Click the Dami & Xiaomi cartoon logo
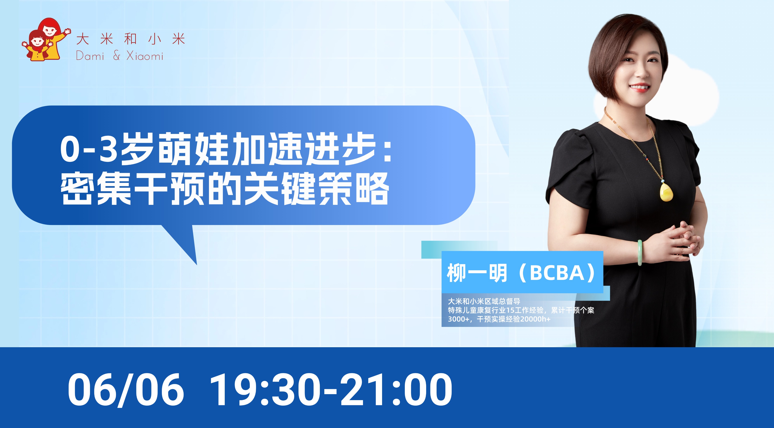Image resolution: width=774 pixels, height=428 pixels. (47, 40)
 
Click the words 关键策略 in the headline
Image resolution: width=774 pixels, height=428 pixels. (317, 189)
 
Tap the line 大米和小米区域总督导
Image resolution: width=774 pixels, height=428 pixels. (484, 301)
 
